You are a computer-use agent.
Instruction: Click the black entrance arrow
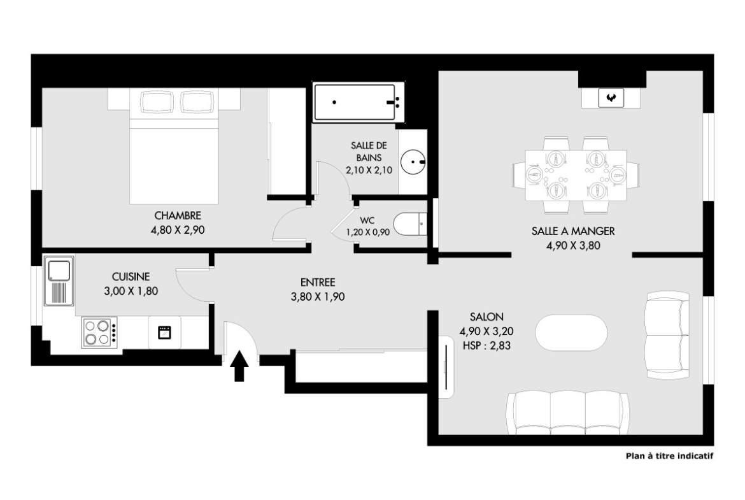coord(239,366)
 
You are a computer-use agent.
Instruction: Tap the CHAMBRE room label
coord(178,216)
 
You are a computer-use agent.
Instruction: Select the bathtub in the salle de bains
coord(355,102)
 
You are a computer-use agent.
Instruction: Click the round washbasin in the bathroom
coord(413,162)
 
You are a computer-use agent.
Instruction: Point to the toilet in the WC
coord(410,224)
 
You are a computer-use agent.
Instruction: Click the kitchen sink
coord(59,280)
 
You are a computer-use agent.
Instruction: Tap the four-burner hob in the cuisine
coord(99,332)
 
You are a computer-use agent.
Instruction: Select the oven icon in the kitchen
coord(164,332)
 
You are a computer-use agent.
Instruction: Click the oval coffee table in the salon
coord(571,332)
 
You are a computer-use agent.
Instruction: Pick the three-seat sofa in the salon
coord(568,413)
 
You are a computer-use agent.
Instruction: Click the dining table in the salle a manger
coord(576,175)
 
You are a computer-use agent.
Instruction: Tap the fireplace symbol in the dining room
coord(611,98)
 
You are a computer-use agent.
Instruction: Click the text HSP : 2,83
coord(486,345)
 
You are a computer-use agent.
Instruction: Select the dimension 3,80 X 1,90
coord(318,297)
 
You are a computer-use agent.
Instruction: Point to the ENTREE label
coord(318,282)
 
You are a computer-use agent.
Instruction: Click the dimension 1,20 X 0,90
coord(368,232)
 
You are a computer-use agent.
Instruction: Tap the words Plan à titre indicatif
coord(669,456)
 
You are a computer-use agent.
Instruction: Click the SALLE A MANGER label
coord(573,231)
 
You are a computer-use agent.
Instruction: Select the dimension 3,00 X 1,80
coord(131,291)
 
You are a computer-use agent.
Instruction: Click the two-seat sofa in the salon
coord(667,336)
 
